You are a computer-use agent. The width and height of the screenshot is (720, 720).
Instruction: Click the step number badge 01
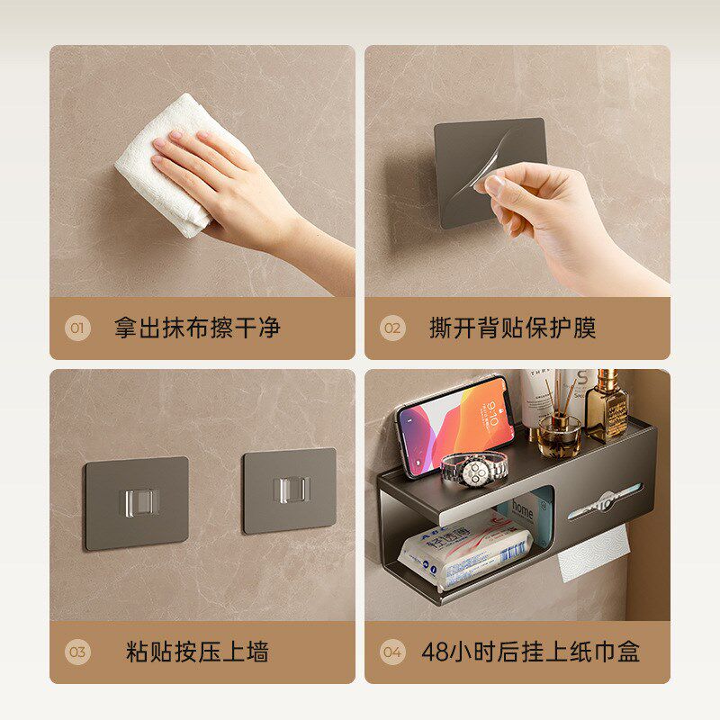77,328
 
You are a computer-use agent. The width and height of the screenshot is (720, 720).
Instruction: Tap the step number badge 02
391,328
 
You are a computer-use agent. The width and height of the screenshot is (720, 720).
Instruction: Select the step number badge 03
77,652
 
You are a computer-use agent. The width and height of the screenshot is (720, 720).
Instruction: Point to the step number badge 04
391,652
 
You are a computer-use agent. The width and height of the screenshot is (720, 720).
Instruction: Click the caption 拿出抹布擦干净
197,328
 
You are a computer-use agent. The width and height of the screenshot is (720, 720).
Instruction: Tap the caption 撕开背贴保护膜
512,328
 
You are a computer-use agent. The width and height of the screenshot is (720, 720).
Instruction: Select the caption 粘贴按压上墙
197,652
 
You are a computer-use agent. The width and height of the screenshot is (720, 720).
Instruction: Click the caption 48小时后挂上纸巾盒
531,652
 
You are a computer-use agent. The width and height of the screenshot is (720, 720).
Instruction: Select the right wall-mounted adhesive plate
289,490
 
